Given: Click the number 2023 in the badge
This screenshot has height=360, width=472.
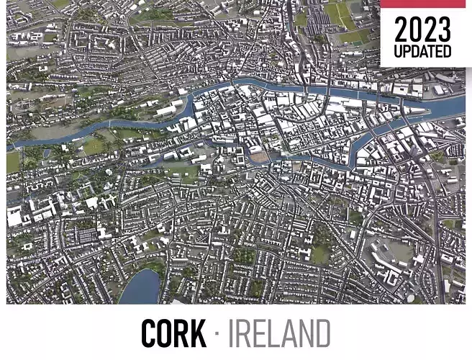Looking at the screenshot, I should pyautogui.click(x=423, y=30).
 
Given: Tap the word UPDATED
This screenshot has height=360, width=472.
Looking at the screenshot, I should pyautogui.click(x=423, y=52).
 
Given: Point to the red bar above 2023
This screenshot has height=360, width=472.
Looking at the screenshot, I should pyautogui.click(x=425, y=4).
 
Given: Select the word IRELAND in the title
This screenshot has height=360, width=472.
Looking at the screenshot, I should pyautogui.click(x=279, y=333).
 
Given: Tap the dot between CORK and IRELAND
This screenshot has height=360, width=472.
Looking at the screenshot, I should pyautogui.click(x=217, y=334).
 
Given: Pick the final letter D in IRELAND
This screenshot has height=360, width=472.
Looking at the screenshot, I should pyautogui.click(x=321, y=333).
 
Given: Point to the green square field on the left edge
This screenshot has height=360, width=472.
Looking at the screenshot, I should pyautogui.click(x=13, y=162).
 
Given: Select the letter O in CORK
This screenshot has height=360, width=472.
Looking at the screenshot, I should pyautogui.click(x=162, y=333).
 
